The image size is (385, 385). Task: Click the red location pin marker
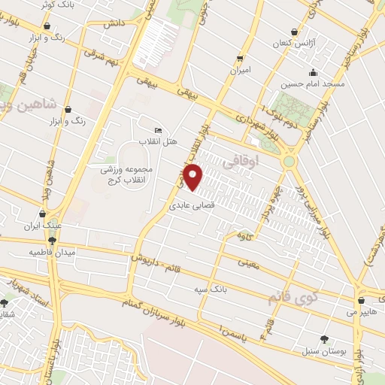click(x=194, y=177)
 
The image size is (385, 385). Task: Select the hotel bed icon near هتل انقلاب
click(x=157, y=130)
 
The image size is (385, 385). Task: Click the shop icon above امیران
click(x=240, y=58)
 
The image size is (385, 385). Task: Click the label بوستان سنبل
click(x=323, y=351)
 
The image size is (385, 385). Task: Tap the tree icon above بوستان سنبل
click(x=323, y=340)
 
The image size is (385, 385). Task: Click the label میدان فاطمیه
click(x=52, y=252)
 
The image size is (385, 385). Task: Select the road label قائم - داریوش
click(x=160, y=260)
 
